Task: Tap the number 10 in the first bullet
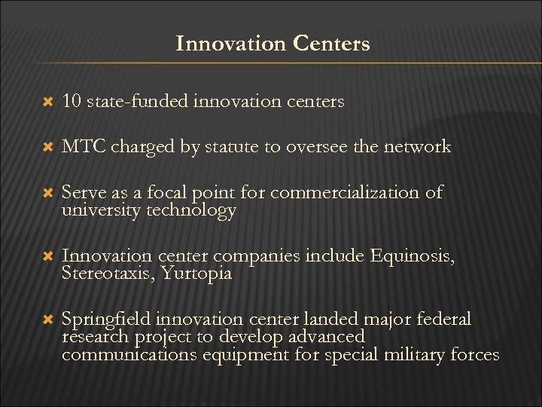click(x=72, y=101)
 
